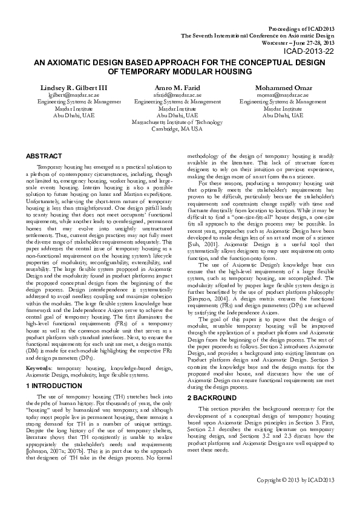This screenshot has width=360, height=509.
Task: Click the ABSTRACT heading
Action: coord(45,155)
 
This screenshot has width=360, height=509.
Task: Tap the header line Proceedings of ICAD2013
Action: coord(300,28)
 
